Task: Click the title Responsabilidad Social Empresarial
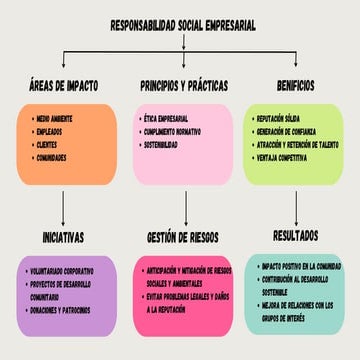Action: tap(182, 27)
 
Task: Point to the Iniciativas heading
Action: tap(63, 237)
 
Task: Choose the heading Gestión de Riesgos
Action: tap(182, 237)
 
